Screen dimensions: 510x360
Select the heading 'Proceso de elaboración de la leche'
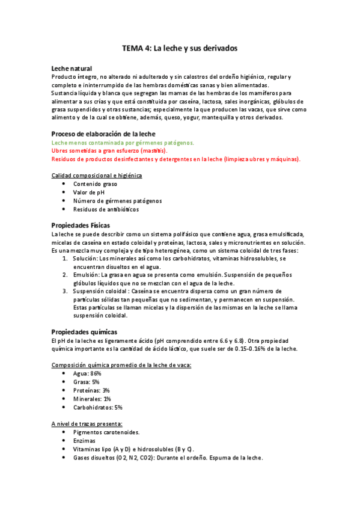(103, 134)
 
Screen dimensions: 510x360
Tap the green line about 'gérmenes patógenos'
(123, 143)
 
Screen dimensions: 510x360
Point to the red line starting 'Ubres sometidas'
(109, 151)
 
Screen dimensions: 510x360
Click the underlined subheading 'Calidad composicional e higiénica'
(97, 175)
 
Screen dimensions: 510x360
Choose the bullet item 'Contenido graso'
(95, 183)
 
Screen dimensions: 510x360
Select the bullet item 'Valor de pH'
(89, 192)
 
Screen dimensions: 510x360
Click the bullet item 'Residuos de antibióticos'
(106, 209)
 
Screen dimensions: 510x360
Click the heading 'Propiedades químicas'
(84, 331)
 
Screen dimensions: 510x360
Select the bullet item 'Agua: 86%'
(87, 373)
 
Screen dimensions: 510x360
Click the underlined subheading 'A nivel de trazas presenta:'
(87, 423)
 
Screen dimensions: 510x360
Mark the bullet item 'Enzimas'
(85, 440)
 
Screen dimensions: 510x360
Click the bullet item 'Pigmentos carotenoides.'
(106, 432)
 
